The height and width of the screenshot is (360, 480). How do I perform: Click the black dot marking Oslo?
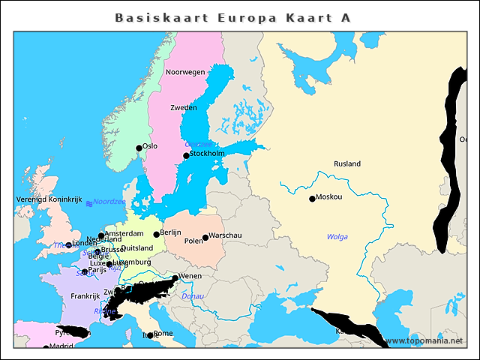(139, 148)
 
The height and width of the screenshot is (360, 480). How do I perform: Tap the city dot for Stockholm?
(186, 156)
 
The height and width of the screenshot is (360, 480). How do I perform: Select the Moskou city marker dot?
(312, 199)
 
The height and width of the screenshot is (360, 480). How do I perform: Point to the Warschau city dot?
(205, 238)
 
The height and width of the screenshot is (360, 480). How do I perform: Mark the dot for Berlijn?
(157, 235)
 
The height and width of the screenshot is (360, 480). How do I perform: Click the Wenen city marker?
(175, 278)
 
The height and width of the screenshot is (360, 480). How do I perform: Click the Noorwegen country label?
(185, 72)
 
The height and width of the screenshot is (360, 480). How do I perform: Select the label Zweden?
(184, 108)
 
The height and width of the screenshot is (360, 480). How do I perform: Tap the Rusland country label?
(347, 163)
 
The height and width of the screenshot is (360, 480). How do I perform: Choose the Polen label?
(193, 241)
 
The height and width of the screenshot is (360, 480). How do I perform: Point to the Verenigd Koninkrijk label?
(49, 200)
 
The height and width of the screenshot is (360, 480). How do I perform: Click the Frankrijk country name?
(85, 296)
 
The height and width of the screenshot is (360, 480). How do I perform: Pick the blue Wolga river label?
(337, 237)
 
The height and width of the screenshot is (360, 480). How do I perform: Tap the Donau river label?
(193, 296)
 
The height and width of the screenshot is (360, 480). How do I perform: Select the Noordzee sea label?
(109, 202)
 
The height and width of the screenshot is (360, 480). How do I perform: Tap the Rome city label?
(163, 333)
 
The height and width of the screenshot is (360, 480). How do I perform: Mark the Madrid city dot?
(46, 348)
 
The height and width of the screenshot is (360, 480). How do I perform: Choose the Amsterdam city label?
(124, 234)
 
